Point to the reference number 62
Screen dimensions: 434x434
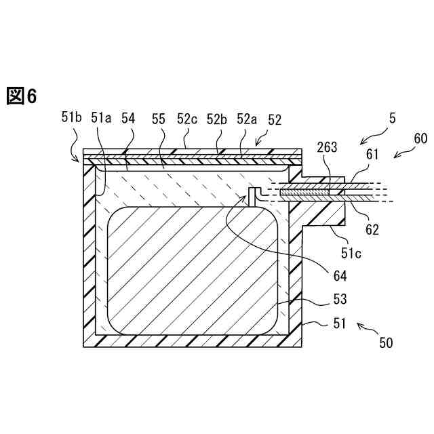click(372, 229)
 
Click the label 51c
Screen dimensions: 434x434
click(351, 253)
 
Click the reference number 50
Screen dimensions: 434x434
click(386, 343)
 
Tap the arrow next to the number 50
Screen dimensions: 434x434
click(366, 330)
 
